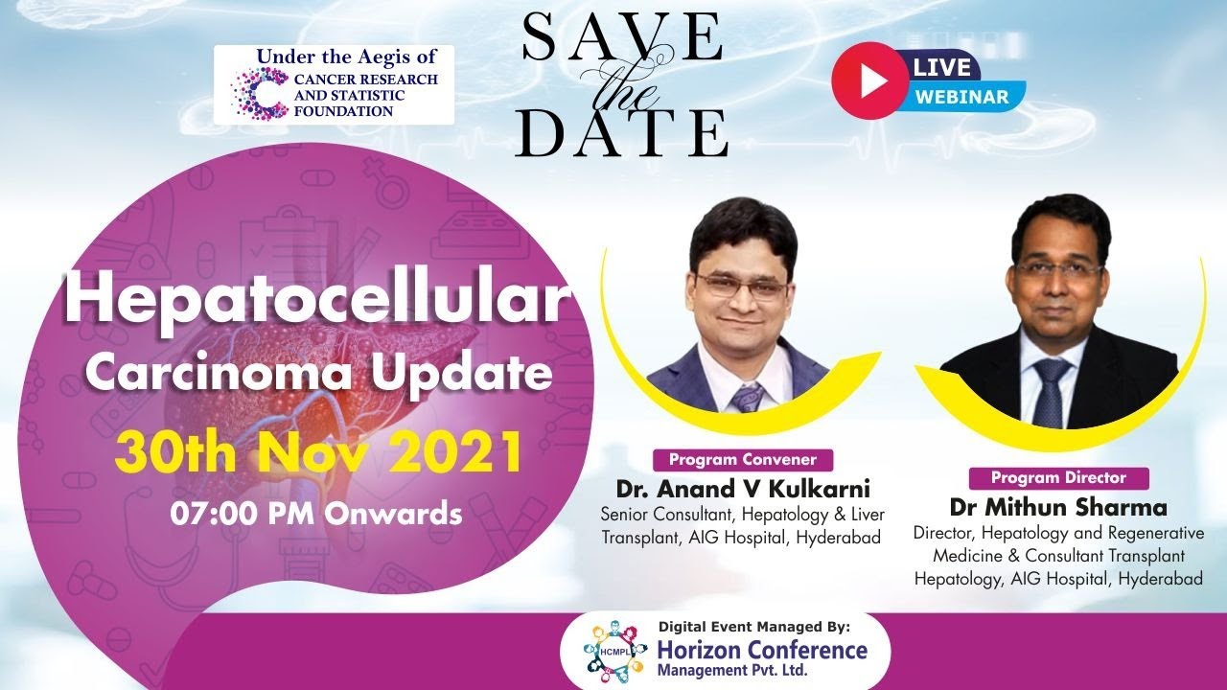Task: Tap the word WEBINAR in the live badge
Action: pyautogui.click(x=961, y=97)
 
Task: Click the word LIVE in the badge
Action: pyautogui.click(x=941, y=67)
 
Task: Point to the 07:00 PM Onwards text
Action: pyautogui.click(x=316, y=514)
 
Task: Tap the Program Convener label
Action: pyautogui.click(x=743, y=460)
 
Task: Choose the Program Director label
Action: pyautogui.click(x=1058, y=478)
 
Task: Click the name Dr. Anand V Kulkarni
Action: pyautogui.click(x=743, y=489)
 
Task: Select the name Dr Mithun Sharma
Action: pyautogui.click(x=1058, y=508)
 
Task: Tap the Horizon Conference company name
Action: pyautogui.click(x=762, y=651)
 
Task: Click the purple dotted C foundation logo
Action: pyautogui.click(x=260, y=93)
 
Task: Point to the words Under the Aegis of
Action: pyautogui.click(x=347, y=57)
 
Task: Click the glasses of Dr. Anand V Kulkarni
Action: pyautogui.click(x=743, y=287)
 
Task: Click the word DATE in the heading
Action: pyautogui.click(x=622, y=133)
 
